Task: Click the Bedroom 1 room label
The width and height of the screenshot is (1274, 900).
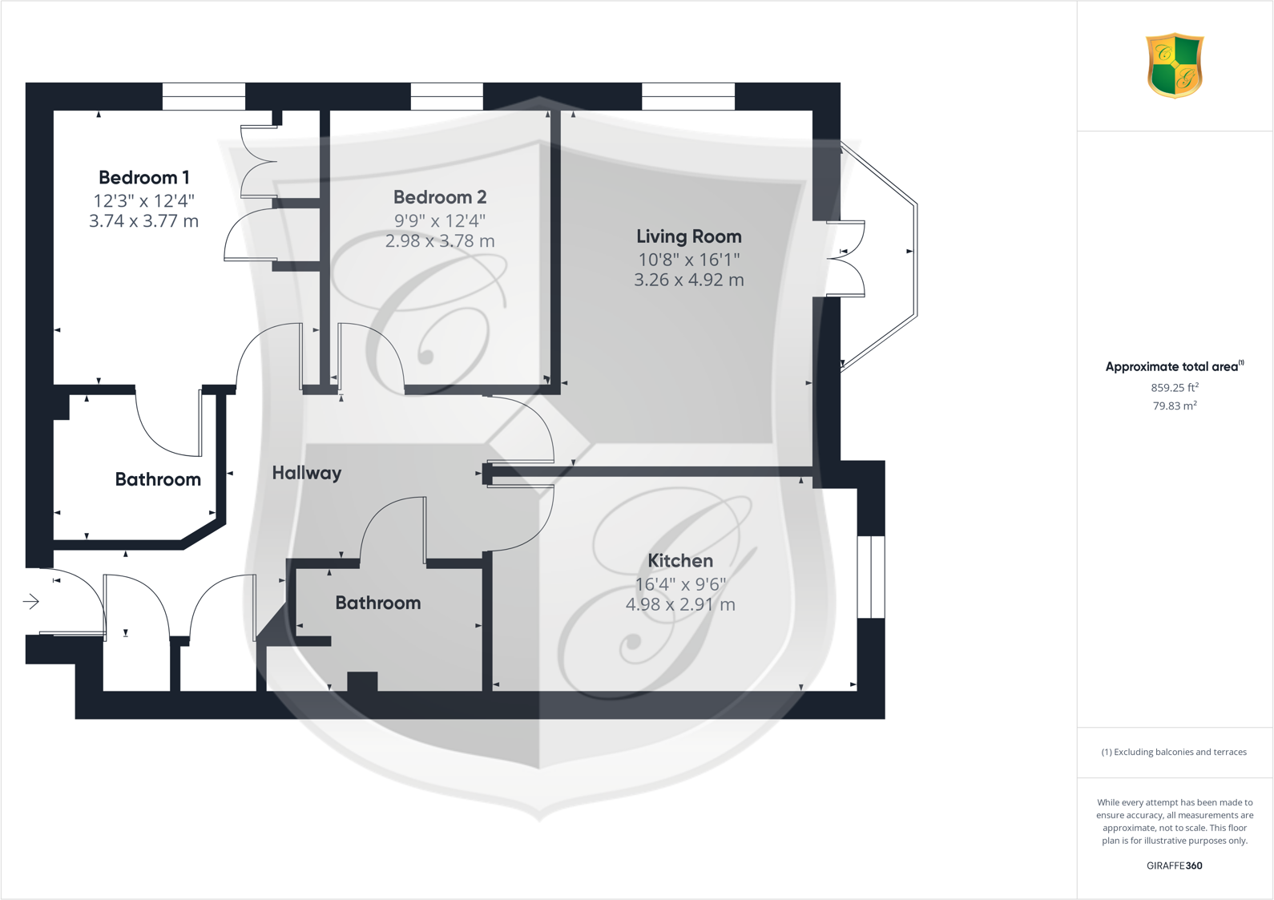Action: click(144, 177)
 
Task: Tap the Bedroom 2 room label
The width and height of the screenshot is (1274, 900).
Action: click(440, 197)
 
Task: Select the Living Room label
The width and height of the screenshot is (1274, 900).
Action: click(689, 236)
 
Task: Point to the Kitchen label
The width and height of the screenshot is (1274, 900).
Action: click(680, 561)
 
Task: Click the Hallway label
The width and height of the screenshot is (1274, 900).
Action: click(307, 473)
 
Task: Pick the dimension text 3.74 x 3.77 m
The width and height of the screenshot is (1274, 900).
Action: click(143, 221)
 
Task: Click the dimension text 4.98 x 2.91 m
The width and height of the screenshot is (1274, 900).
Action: click(680, 605)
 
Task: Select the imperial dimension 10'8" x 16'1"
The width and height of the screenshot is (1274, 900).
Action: click(689, 260)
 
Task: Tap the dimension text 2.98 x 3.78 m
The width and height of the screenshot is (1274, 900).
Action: click(440, 241)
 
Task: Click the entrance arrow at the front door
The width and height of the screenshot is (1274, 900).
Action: click(31, 601)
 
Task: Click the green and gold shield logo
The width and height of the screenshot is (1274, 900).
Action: click(1175, 65)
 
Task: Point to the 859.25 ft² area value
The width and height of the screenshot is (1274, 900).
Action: click(1175, 388)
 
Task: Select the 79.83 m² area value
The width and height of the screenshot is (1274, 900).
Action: click(1175, 406)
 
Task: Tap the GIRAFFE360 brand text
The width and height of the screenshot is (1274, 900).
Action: click(1175, 866)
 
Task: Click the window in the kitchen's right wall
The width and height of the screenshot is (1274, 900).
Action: click(871, 577)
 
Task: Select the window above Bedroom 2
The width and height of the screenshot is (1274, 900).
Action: click(447, 96)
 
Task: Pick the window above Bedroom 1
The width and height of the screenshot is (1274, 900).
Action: click(204, 96)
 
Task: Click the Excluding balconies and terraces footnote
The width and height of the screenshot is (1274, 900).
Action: click(1175, 752)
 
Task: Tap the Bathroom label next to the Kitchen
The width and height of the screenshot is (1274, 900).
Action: click(378, 603)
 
